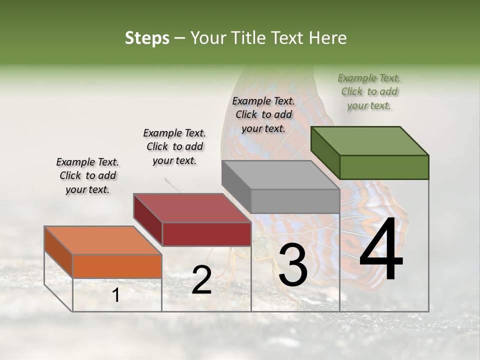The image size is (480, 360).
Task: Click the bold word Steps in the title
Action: point(147,38)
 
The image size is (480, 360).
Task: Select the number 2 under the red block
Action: point(201,279)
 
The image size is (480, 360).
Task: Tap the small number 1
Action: point(116,295)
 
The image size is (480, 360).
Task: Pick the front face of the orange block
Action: point(117,266)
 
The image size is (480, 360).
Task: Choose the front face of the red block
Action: point(206,234)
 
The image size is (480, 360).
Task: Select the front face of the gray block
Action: point(295,201)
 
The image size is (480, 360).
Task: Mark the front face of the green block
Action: point(384,167)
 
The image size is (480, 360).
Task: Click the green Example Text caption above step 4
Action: point(369,91)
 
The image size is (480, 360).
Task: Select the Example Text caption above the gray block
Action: point(263,114)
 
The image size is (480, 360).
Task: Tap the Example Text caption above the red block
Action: point(174,146)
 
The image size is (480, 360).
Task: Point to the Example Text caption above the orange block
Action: point(87,175)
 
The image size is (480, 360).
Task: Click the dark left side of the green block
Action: point(325,153)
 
